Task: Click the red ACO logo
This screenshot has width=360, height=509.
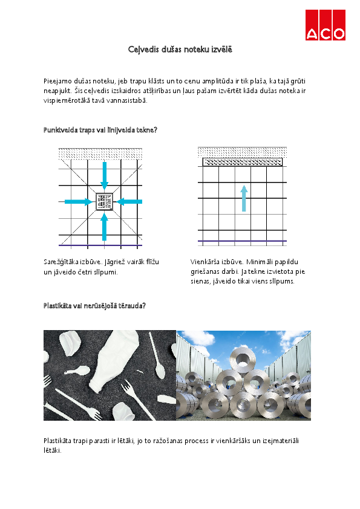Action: pyautogui.click(x=325, y=25)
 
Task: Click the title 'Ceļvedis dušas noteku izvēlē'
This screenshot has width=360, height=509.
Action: pyautogui.click(x=180, y=49)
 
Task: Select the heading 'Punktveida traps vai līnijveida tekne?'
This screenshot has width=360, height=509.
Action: pyautogui.click(x=100, y=130)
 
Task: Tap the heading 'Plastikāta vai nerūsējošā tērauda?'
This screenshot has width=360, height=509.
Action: pyautogui.click(x=94, y=306)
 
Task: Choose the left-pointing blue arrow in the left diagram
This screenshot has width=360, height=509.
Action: pyautogui.click(x=129, y=201)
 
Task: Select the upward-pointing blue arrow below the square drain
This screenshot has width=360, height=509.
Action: pyautogui.click(x=104, y=227)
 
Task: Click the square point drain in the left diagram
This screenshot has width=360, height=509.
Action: pyautogui.click(x=104, y=201)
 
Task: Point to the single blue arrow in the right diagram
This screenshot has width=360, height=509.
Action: pyautogui.click(x=243, y=198)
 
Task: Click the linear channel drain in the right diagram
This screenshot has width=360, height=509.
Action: pyautogui.click(x=243, y=162)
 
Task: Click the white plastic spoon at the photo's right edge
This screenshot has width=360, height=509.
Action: pyautogui.click(x=160, y=361)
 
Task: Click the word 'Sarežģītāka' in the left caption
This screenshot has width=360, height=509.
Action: pyautogui.click(x=62, y=262)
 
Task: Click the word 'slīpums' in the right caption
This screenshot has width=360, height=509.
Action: pyautogui.click(x=281, y=281)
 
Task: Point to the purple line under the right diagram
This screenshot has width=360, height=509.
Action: pyautogui.click(x=243, y=242)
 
